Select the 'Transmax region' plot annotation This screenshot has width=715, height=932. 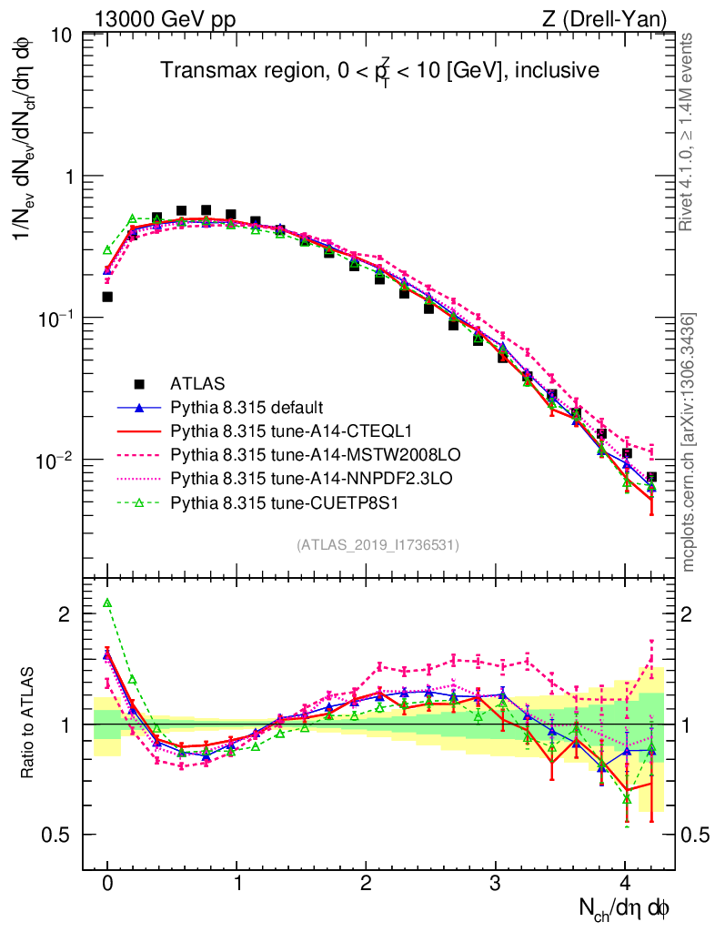[x=379, y=70]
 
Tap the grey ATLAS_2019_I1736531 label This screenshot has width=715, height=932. [x=377, y=545]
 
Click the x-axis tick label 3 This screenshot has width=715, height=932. [x=495, y=883]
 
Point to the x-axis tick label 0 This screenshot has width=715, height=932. [x=107, y=883]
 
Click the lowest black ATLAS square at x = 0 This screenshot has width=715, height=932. [x=107, y=297]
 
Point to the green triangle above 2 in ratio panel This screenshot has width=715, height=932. [x=107, y=603]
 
